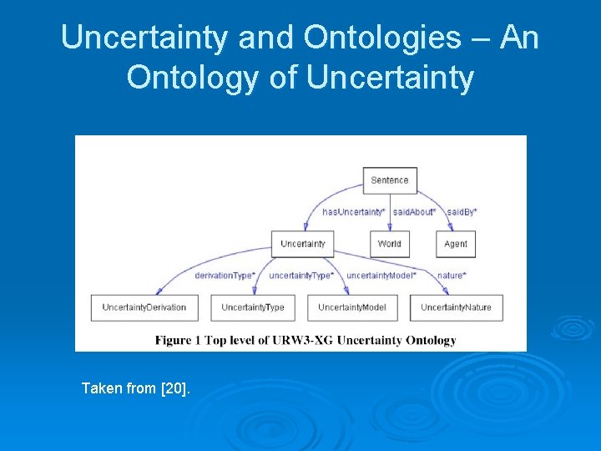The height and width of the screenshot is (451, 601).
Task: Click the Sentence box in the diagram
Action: pyautogui.click(x=390, y=180)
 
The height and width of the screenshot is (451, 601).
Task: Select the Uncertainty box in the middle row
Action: pyautogui.click(x=302, y=244)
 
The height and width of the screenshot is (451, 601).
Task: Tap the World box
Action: pyautogui.click(x=389, y=244)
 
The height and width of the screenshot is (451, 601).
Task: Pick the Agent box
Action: pyautogui.click(x=456, y=244)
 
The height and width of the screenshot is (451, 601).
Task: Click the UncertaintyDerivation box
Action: pyautogui.click(x=144, y=307)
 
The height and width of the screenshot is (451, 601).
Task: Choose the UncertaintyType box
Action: pyautogui.click(x=253, y=307)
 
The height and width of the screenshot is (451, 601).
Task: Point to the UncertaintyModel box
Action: pyautogui.click(x=351, y=307)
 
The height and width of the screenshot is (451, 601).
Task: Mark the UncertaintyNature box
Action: pyautogui.click(x=456, y=307)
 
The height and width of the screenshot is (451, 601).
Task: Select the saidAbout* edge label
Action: pyautogui.click(x=415, y=212)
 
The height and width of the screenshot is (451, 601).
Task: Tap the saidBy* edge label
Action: pyautogui.click(x=462, y=212)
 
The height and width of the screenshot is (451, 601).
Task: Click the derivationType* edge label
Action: pyautogui.click(x=224, y=276)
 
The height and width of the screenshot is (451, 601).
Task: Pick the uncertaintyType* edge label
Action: pyautogui.click(x=301, y=276)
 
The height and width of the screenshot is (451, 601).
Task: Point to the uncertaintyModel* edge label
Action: pyautogui.click(x=381, y=276)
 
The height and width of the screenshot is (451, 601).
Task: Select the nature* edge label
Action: pyautogui.click(x=452, y=276)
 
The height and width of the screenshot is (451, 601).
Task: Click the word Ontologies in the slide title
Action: pyautogui.click(x=381, y=38)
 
